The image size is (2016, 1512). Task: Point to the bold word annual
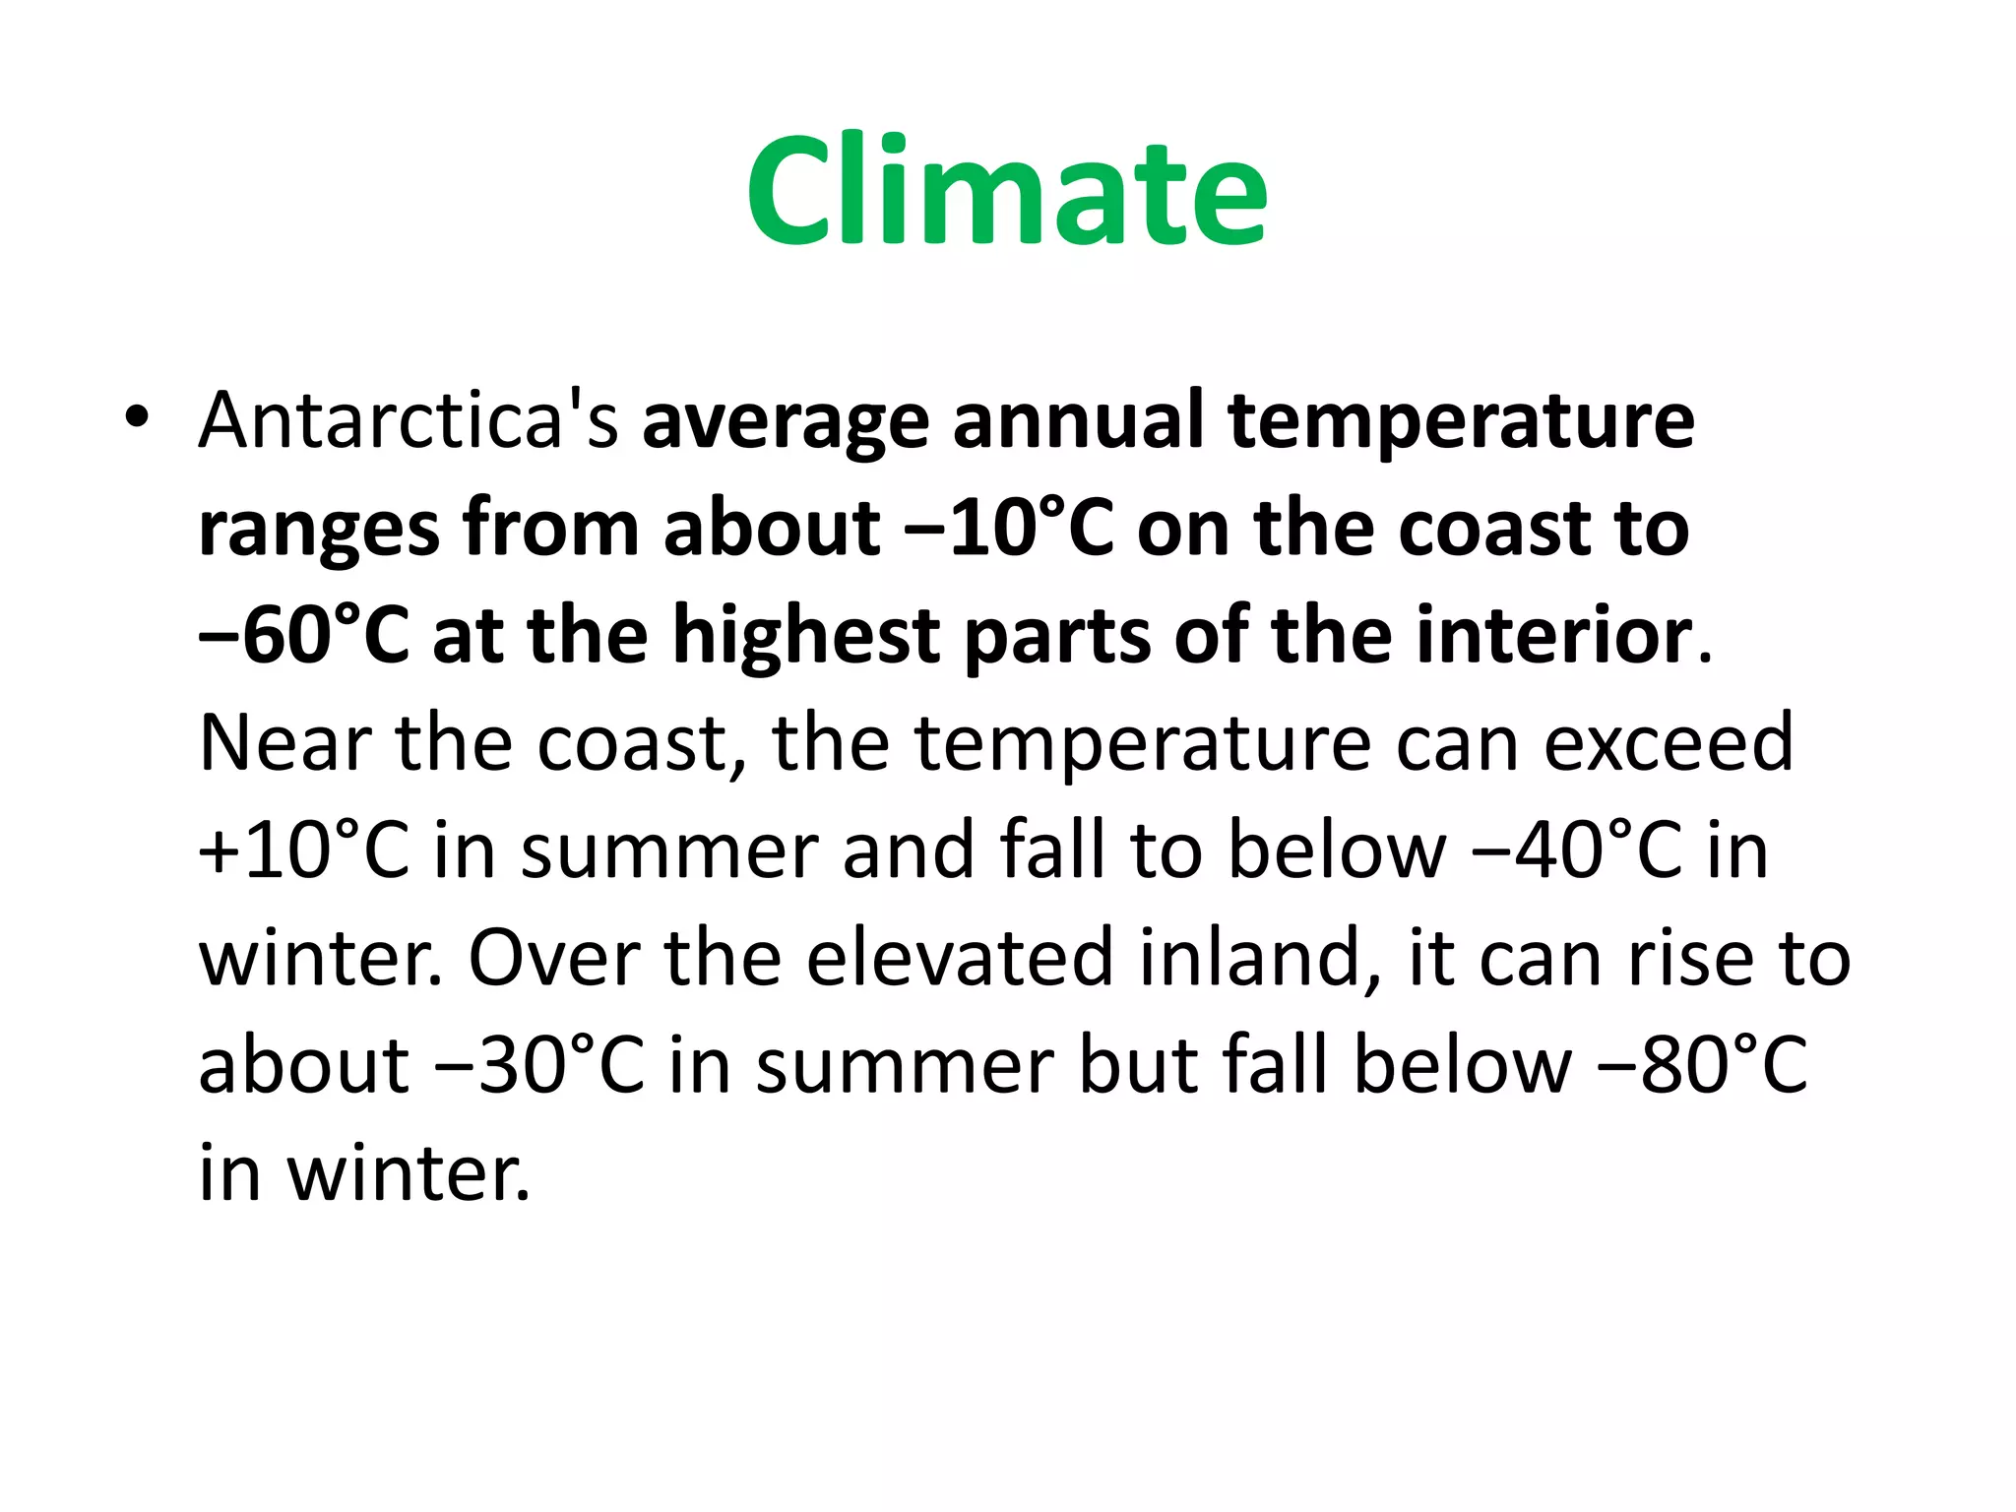1078,420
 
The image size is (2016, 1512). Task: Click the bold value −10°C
1008,529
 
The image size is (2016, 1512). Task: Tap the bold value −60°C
303,636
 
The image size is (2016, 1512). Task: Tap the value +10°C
303,850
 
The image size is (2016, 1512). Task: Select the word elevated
960,958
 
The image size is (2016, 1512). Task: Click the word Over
554,958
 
